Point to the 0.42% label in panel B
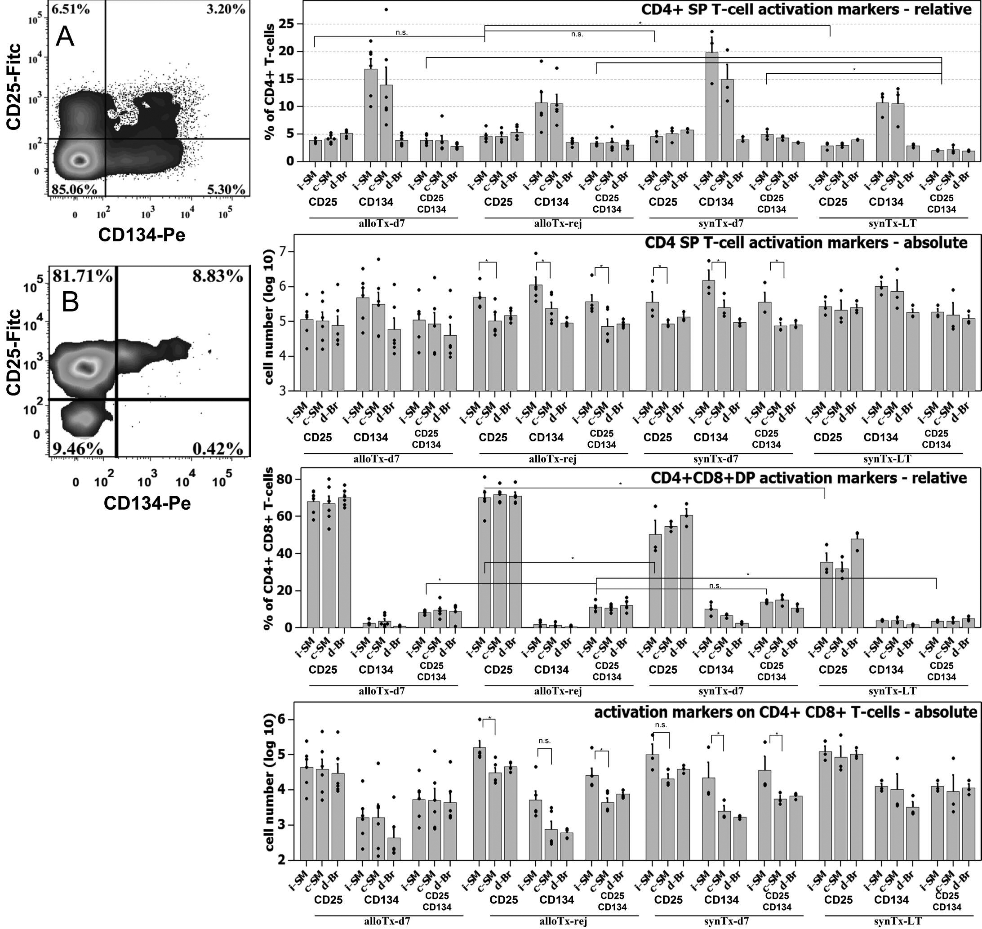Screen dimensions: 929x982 coord(218,449)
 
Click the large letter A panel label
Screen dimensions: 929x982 coord(65,37)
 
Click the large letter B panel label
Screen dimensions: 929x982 coord(70,301)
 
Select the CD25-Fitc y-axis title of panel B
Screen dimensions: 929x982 coord(15,352)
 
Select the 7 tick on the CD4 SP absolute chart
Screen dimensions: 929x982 coord(283,252)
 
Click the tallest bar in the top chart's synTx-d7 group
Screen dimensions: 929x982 coord(711,107)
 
